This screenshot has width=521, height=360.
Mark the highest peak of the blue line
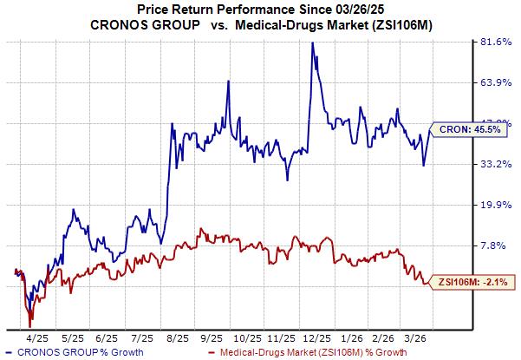click(x=311, y=43)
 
